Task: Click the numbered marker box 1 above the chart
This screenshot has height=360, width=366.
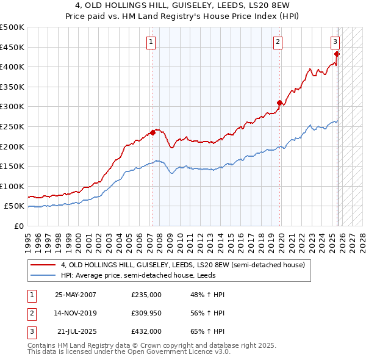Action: pyautogui.click(x=151, y=42)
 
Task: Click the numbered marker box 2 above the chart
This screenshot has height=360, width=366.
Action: pyautogui.click(x=278, y=42)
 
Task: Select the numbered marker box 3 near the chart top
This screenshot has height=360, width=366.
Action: pyautogui.click(x=335, y=42)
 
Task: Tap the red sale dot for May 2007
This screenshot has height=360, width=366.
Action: pyautogui.click(x=152, y=132)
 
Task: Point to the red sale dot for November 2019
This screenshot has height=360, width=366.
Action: pyautogui.click(x=279, y=103)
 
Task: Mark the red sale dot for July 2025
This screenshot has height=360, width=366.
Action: pyautogui.click(x=337, y=54)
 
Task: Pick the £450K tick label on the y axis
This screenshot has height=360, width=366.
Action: pyautogui.click(x=12, y=47)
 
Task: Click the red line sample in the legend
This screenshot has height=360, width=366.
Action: pyautogui.click(x=43, y=265)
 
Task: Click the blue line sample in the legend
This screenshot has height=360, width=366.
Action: pyautogui.click(x=43, y=275)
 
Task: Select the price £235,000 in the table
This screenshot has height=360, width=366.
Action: pyautogui.click(x=146, y=295)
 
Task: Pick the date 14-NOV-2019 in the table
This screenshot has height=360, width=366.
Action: pyautogui.click(x=76, y=313)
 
